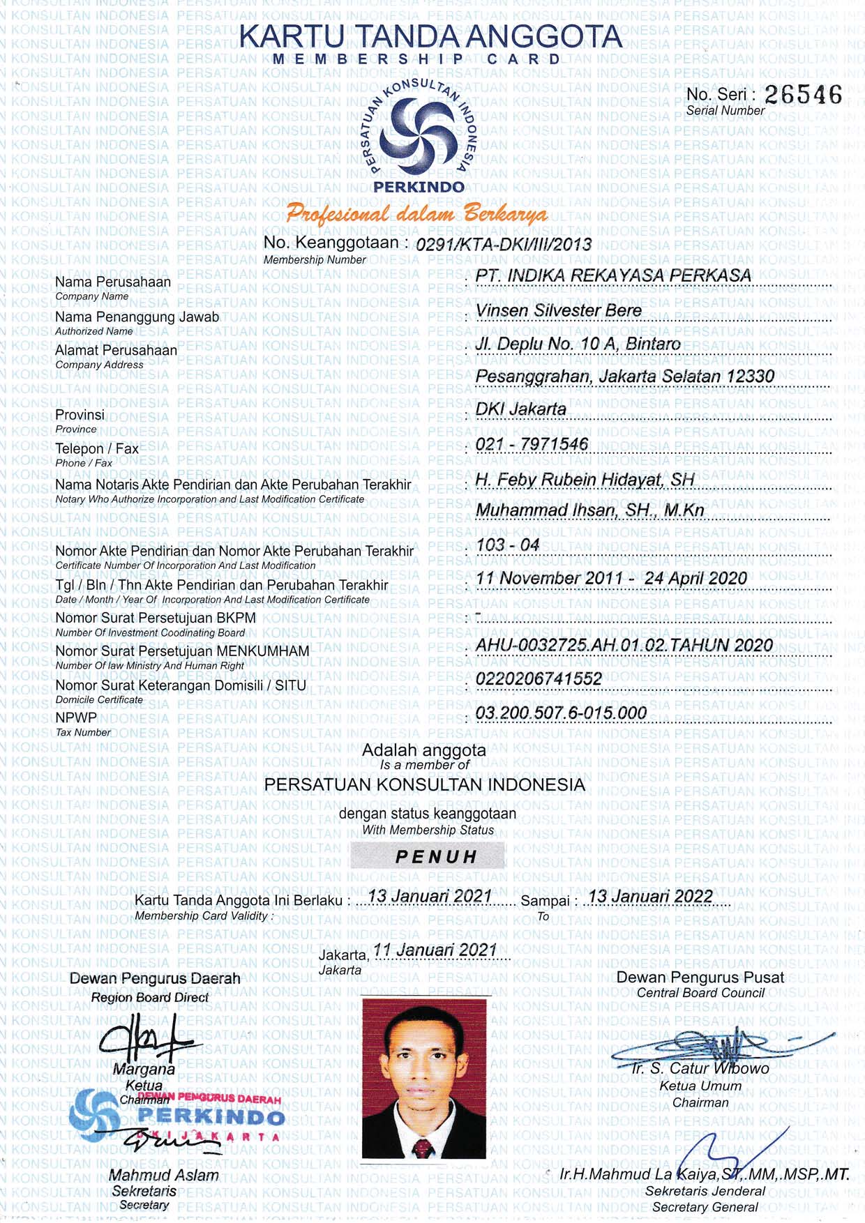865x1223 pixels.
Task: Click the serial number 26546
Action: click(803, 95)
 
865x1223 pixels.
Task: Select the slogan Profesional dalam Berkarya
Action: click(416, 214)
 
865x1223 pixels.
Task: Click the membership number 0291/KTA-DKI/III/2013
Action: click(503, 244)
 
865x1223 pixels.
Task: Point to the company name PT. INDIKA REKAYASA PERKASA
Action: click(612, 275)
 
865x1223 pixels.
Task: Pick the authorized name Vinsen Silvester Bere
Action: click(558, 310)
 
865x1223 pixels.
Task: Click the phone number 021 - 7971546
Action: click(532, 444)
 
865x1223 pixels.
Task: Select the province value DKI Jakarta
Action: click(520, 409)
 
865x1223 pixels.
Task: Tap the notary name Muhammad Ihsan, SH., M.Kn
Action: click(589, 510)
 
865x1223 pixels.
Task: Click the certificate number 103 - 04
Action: click(508, 545)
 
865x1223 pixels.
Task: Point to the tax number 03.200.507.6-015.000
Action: click(561, 713)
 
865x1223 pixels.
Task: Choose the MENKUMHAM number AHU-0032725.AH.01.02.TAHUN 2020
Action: click(624, 645)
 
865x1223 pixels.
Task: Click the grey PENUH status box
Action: click(428, 856)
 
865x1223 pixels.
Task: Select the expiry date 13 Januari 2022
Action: click(650, 897)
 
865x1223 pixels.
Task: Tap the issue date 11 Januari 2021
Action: click(435, 950)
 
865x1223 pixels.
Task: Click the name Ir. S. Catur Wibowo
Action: click(700, 1068)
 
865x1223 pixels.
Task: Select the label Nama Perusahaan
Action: click(113, 282)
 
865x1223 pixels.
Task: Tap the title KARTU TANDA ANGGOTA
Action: click(430, 37)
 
